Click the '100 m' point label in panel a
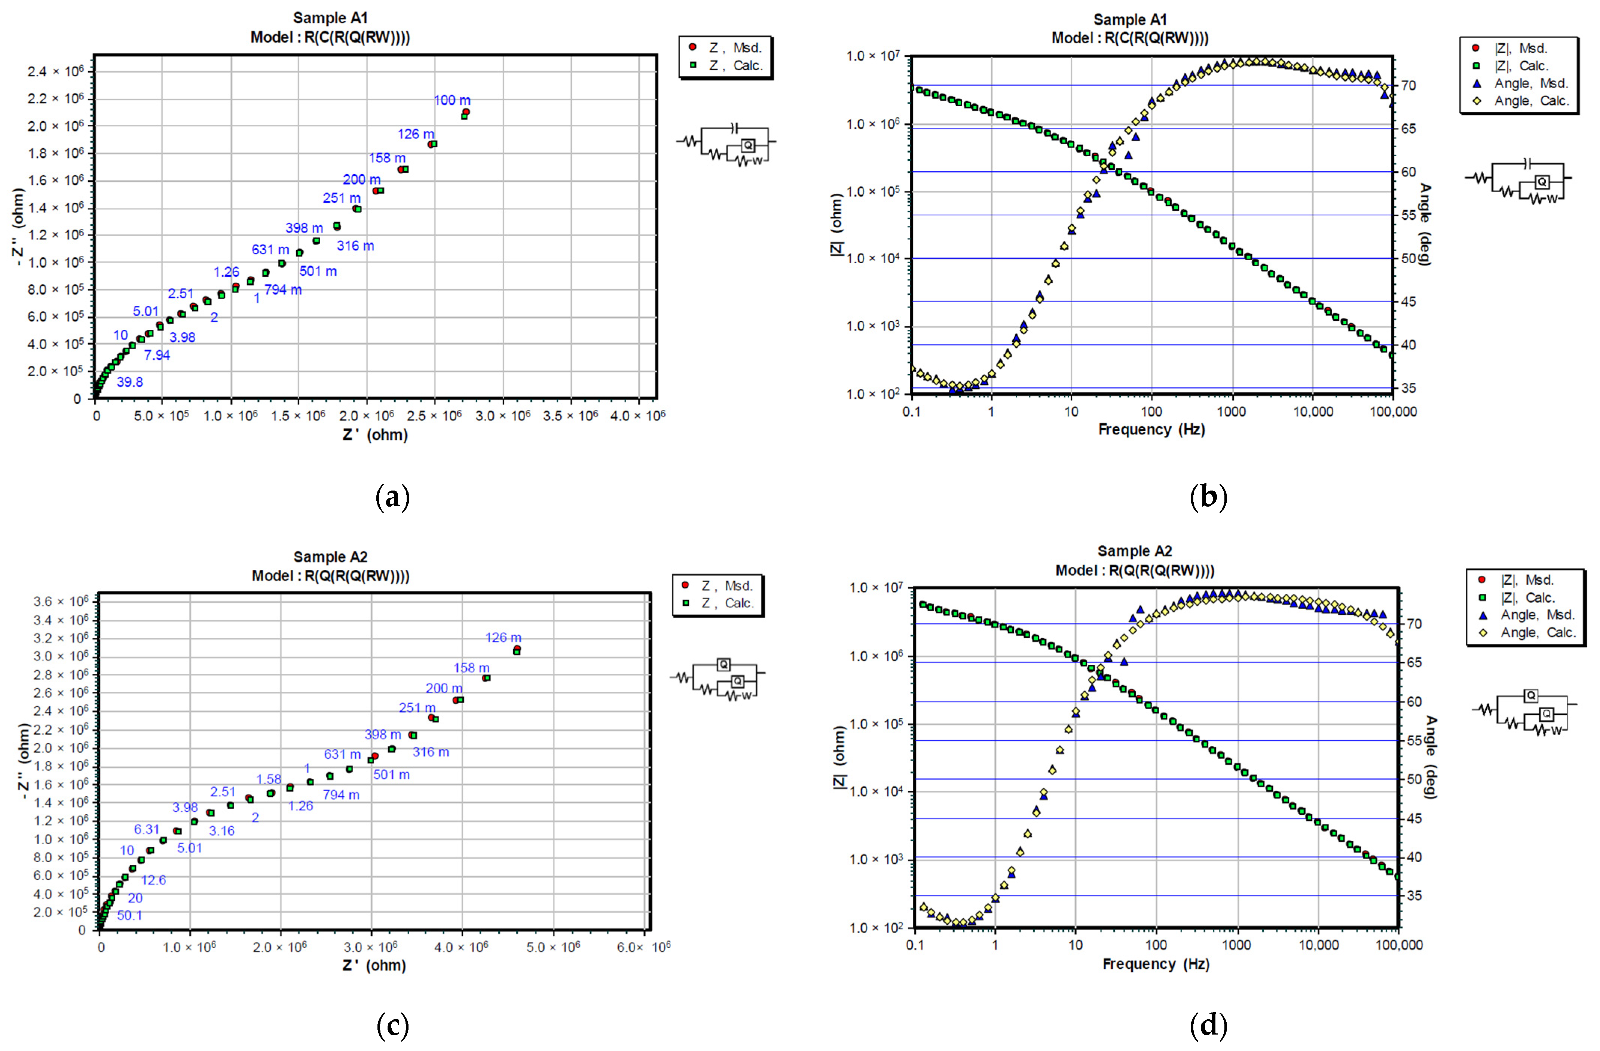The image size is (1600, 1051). pos(452,100)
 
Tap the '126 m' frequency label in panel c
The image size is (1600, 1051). pos(503,637)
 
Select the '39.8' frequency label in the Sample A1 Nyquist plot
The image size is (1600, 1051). pos(130,382)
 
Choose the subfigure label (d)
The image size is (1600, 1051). pos(1208,1026)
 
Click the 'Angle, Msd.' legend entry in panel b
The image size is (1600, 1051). pos(1530,83)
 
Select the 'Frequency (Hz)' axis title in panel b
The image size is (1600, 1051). pos(1151,429)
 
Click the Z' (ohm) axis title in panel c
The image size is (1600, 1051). pos(374,965)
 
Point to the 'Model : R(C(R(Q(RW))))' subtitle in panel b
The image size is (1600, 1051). pos(1129,38)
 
